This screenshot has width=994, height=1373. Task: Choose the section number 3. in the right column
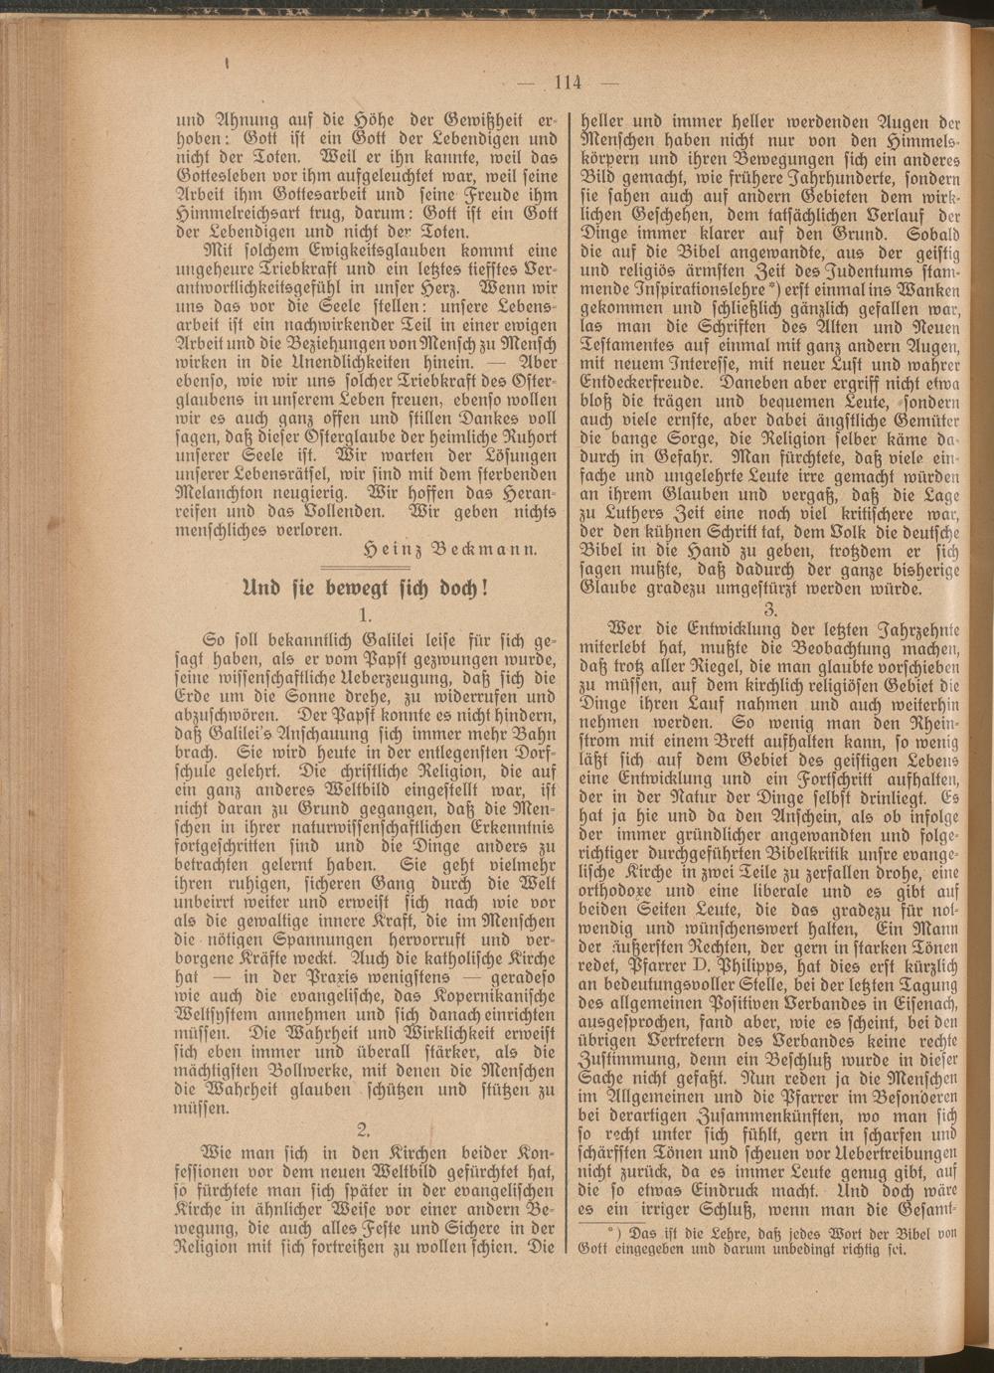769,607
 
